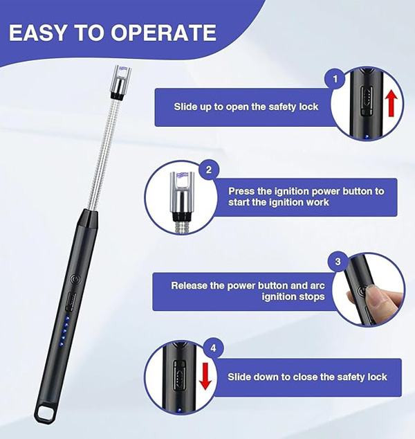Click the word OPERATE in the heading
(x=164, y=33)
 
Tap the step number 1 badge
(x=335, y=79)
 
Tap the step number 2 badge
(x=209, y=170)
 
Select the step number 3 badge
(x=338, y=262)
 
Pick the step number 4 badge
(x=213, y=348)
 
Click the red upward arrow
(x=391, y=105)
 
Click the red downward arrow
(x=205, y=376)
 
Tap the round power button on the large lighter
(x=75, y=279)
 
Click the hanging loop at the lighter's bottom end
(x=45, y=411)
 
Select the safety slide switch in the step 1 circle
(x=366, y=100)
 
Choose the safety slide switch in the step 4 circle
(x=179, y=375)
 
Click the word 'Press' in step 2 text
(x=241, y=191)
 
